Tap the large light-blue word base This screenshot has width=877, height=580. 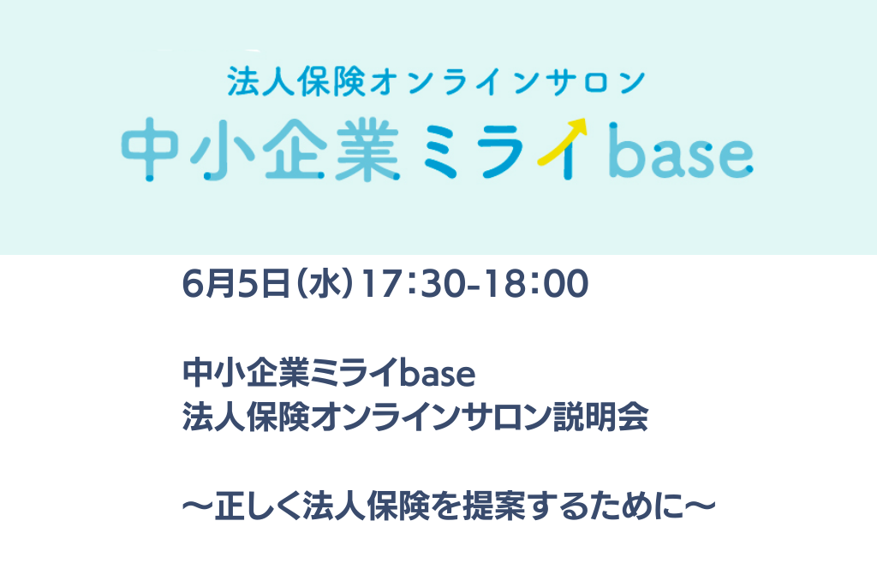pos(681,150)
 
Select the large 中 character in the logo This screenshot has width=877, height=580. pos(149,149)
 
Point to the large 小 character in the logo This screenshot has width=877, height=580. pos(220,149)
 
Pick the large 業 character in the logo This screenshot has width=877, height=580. pos(367,149)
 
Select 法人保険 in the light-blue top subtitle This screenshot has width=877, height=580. pos(295,81)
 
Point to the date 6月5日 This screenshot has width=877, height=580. pos(235,284)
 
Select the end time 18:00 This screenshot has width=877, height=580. pos(535,284)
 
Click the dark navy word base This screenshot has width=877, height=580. pos(437,373)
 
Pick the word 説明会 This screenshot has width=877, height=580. pos(600,417)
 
